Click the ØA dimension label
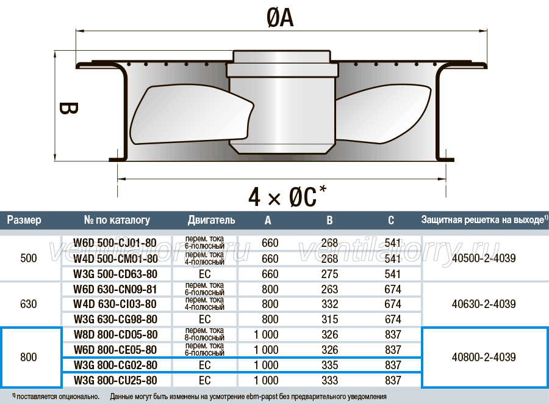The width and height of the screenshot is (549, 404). [280, 18]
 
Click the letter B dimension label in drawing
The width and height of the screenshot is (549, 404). [68, 108]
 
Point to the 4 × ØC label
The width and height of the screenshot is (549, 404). [287, 196]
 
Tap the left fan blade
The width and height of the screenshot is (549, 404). [191, 114]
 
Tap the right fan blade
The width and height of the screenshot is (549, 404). [382, 113]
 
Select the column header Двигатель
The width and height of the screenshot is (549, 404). [211, 220]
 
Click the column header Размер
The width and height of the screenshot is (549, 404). [24, 220]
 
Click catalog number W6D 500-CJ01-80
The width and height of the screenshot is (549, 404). [115, 243]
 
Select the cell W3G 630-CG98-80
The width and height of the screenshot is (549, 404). [115, 320]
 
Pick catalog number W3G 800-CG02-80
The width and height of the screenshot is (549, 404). [115, 365]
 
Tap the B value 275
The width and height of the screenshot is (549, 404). [329, 274]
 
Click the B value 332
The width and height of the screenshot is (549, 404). [329, 304]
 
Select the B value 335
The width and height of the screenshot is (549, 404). [329, 365]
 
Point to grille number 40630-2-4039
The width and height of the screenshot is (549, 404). [484, 304]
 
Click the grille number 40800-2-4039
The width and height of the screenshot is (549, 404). [484, 358]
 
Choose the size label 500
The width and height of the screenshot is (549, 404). [28, 259]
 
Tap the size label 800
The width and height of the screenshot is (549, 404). [28, 358]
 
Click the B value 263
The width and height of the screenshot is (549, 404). [329, 289]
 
